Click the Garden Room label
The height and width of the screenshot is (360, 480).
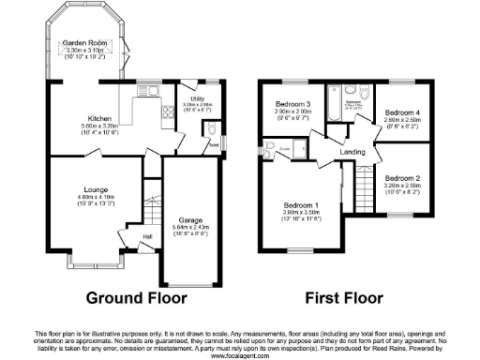coord(82,42)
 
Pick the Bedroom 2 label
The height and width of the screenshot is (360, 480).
coord(404,178)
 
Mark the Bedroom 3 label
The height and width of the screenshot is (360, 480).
coord(293,103)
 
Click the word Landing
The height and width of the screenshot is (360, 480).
coord(352,152)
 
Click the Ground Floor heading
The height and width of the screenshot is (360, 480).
coord(137,299)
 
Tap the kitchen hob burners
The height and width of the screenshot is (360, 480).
coord(167,115)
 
